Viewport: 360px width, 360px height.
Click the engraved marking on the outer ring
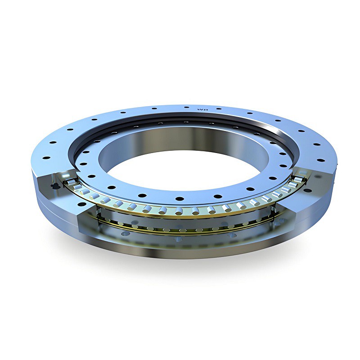click(202, 109)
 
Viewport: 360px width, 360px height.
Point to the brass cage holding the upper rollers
click(180, 207)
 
